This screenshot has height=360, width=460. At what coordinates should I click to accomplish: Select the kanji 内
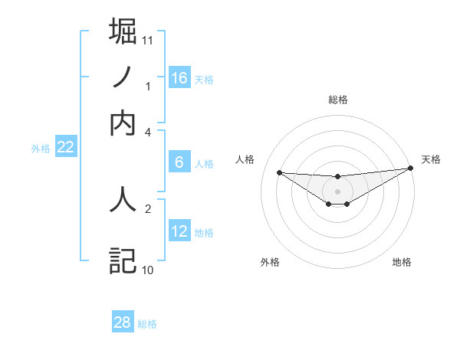point(123,123)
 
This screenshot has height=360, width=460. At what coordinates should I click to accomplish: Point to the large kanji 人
point(123,198)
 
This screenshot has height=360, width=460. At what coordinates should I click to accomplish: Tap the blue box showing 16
point(179,77)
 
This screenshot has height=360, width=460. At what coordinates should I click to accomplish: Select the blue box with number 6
point(179,162)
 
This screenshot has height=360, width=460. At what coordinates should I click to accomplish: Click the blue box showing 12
point(179,231)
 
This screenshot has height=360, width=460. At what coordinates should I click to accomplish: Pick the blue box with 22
point(65,148)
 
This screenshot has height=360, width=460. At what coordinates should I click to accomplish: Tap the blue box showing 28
point(123,322)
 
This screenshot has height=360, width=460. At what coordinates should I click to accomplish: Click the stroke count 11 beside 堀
point(148,40)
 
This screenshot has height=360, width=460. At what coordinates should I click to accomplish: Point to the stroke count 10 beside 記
point(148,270)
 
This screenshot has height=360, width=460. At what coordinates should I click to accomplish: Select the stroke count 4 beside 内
point(148,132)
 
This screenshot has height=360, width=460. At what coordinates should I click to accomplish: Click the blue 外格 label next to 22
point(41,149)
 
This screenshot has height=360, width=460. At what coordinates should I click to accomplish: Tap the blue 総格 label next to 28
point(147,323)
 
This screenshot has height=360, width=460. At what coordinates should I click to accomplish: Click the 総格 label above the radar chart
point(337,100)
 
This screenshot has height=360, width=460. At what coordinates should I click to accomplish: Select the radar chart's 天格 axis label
point(431,159)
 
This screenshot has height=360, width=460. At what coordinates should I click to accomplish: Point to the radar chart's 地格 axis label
point(402,262)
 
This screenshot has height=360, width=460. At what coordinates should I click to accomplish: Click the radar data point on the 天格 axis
point(411,169)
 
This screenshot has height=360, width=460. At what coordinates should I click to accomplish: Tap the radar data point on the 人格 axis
point(279,172)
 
